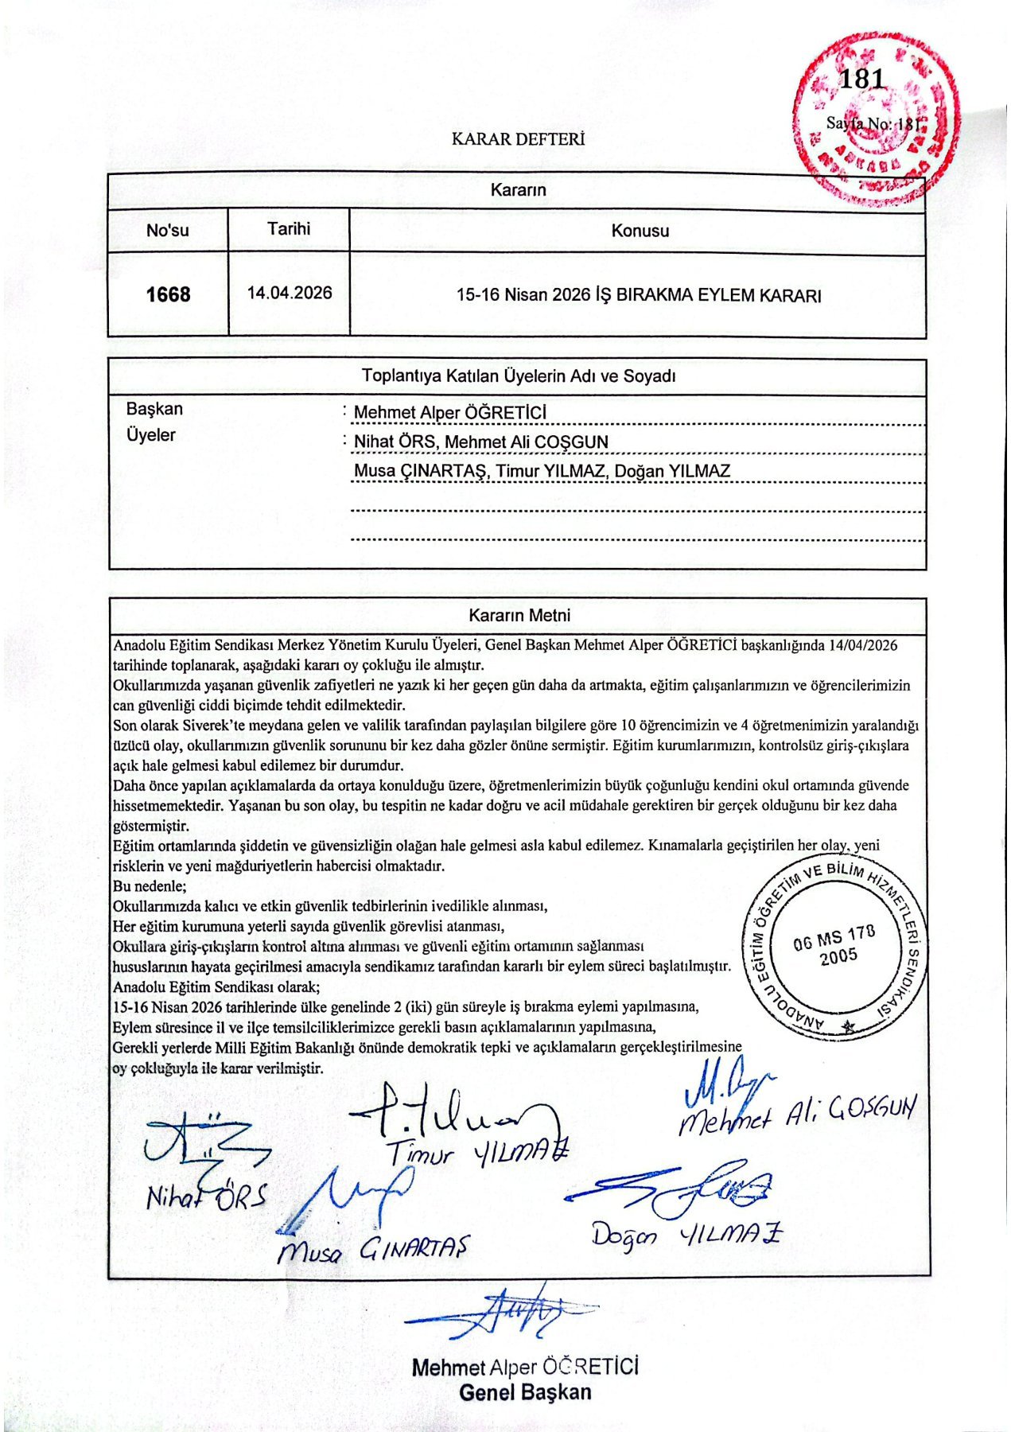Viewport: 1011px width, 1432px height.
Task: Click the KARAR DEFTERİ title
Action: click(518, 139)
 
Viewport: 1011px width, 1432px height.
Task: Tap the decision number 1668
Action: click(168, 295)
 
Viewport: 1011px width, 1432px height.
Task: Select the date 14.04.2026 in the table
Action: click(290, 293)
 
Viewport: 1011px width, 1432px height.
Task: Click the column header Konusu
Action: click(640, 232)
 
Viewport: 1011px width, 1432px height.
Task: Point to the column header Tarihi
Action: click(289, 229)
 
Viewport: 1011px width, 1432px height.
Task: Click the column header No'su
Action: click(168, 231)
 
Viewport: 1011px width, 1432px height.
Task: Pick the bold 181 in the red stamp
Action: click(861, 79)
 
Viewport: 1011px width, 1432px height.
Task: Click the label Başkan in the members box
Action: click(154, 409)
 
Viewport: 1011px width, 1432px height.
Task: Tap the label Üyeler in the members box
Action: click(150, 435)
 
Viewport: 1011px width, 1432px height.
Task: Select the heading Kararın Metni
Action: click(519, 615)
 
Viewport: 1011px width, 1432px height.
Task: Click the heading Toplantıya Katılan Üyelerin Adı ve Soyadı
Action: click(518, 376)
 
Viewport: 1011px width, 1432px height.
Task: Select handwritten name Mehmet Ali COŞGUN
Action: click(796, 1112)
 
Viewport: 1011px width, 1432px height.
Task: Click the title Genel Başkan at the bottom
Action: click(525, 1393)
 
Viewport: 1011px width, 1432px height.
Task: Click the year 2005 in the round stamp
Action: click(838, 957)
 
